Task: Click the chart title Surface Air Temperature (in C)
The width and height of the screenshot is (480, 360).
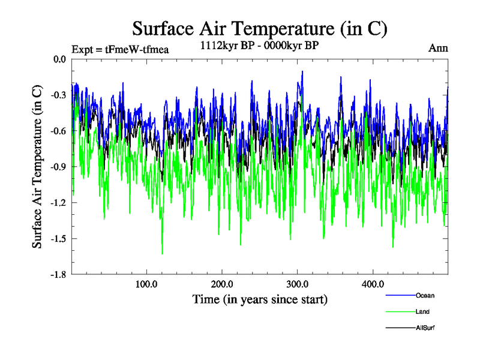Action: (x=260, y=28)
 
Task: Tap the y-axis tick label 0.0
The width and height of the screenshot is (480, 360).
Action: (x=59, y=59)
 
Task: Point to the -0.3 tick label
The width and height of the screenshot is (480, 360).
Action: (x=58, y=95)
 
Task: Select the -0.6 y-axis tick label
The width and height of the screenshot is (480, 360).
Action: (x=58, y=131)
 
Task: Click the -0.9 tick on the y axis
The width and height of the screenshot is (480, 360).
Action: (x=58, y=167)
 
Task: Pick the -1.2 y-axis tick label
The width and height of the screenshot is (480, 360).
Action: (x=58, y=203)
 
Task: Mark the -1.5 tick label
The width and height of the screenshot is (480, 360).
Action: (x=58, y=239)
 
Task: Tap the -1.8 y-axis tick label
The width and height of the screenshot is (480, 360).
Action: (x=58, y=275)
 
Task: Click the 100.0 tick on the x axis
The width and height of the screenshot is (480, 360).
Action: (x=146, y=284)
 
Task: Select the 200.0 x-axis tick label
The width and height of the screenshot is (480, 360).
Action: (x=222, y=284)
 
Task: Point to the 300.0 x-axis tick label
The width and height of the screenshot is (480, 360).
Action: (x=298, y=284)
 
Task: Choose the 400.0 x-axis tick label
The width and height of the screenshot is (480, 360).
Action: (x=373, y=284)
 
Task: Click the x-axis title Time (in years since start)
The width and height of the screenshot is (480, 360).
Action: (x=260, y=298)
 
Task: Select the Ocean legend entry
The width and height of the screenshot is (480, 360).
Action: (x=425, y=295)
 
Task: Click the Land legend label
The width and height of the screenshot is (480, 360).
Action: (x=422, y=311)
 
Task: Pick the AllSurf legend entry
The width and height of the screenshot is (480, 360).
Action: (x=425, y=328)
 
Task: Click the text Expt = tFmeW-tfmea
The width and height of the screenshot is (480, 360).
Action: (x=120, y=49)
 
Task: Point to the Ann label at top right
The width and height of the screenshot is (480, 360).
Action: (x=438, y=48)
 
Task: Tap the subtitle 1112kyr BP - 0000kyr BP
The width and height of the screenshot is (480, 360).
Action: (x=259, y=45)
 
